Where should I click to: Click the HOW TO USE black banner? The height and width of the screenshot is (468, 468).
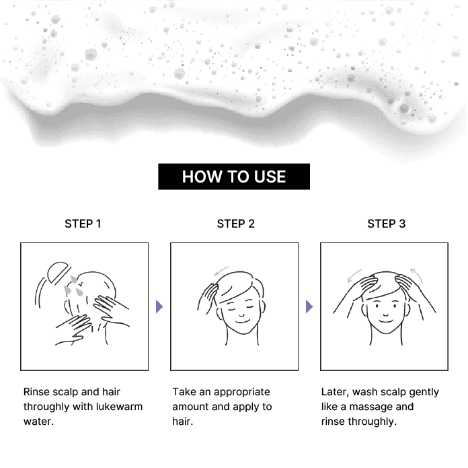click(234, 176)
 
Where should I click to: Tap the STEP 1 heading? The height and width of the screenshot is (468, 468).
click(83, 224)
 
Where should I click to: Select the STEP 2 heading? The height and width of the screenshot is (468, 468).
click(236, 224)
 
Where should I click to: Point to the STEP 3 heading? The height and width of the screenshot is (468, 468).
click(387, 224)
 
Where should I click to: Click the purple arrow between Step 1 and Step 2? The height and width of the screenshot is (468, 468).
click(159, 306)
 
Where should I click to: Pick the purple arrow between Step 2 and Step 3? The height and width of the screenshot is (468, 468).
click(309, 306)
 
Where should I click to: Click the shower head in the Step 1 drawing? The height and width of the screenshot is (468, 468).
click(59, 271)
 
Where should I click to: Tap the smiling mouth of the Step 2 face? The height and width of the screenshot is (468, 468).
click(242, 322)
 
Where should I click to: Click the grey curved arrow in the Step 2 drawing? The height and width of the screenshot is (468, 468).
click(221, 271)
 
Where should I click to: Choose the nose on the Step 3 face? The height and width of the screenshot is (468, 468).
click(385, 314)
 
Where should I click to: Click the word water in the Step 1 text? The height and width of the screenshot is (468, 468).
click(38, 422)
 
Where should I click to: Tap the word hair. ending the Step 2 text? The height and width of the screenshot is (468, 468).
click(183, 422)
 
